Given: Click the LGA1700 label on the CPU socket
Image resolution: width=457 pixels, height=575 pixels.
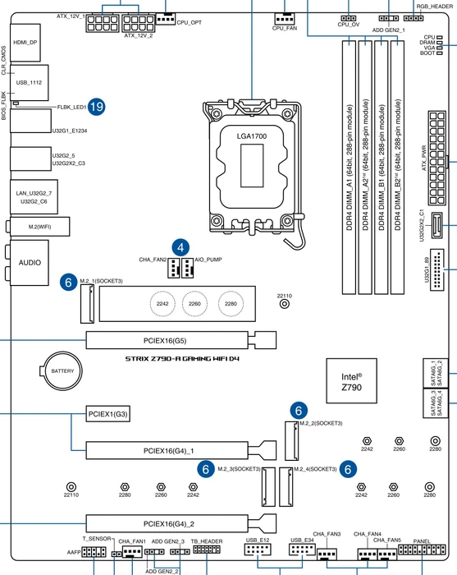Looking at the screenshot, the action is point(252,136).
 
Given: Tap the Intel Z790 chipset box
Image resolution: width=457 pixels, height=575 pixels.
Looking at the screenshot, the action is point(351,381).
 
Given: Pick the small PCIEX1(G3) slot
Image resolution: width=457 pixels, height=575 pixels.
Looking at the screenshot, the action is point(108,414).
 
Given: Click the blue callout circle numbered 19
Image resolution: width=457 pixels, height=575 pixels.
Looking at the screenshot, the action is point(96,107).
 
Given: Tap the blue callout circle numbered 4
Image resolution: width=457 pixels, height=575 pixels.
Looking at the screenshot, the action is point(181,248).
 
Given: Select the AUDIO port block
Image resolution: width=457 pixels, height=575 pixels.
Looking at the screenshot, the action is point(30,263).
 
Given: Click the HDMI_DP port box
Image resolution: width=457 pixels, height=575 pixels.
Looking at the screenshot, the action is point(25,43).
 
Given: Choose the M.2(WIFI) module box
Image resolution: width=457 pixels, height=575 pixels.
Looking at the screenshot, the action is point(40,227).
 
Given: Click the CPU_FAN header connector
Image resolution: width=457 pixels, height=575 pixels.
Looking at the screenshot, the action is point(285,18).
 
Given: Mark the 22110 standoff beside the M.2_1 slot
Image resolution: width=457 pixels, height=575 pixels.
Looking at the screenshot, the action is point(284,304).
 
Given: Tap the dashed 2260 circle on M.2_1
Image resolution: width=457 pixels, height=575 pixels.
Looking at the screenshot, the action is point(194,304).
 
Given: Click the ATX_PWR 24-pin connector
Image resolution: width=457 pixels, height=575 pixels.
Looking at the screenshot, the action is point(437,158).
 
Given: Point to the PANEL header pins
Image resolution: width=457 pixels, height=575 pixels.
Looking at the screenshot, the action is point(422,550).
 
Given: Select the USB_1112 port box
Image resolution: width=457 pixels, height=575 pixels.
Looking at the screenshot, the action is point(30,83).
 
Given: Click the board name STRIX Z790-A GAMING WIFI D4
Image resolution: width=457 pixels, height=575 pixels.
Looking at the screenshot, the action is point(182,359).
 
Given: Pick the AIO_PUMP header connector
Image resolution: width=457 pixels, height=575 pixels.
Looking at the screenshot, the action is point(188,268).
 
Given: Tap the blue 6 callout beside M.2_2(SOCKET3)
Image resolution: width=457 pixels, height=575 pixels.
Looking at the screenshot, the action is point(299,411).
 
